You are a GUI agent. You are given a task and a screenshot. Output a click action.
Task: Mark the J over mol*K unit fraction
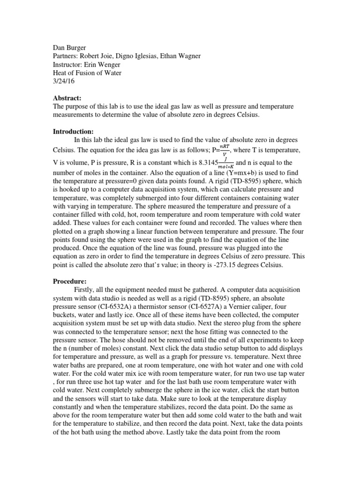(226, 163)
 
